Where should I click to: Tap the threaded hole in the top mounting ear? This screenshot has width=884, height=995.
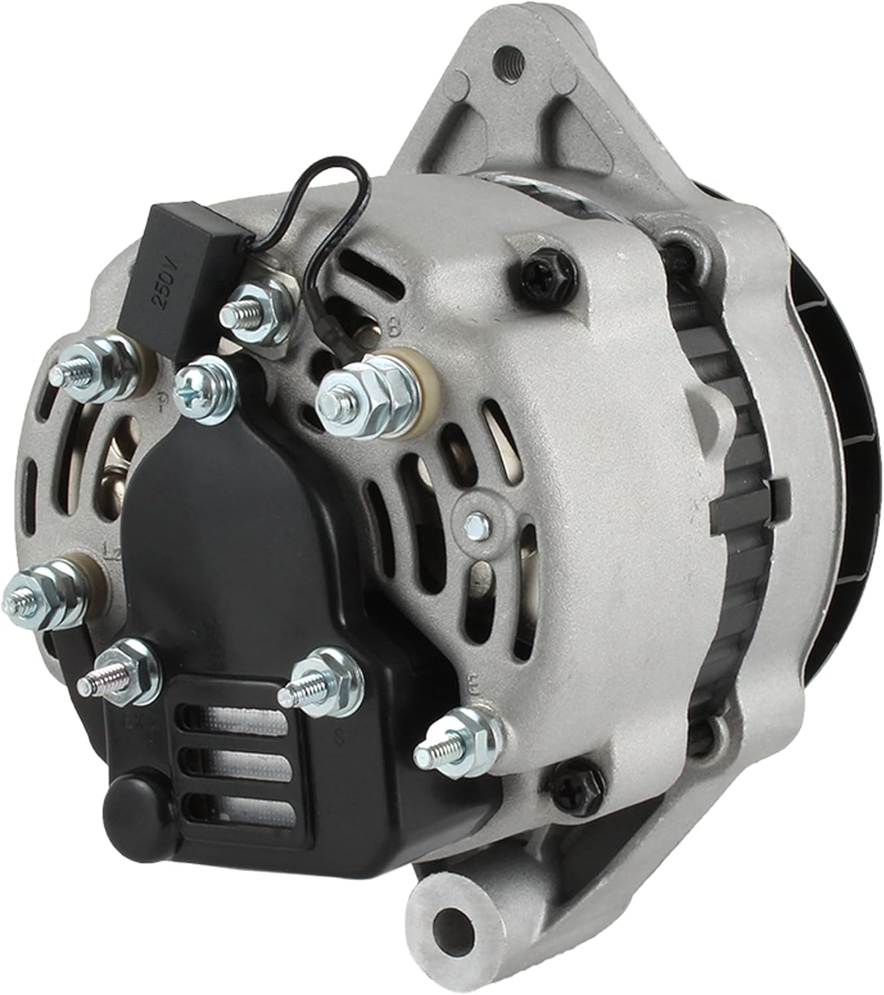(509, 56)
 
